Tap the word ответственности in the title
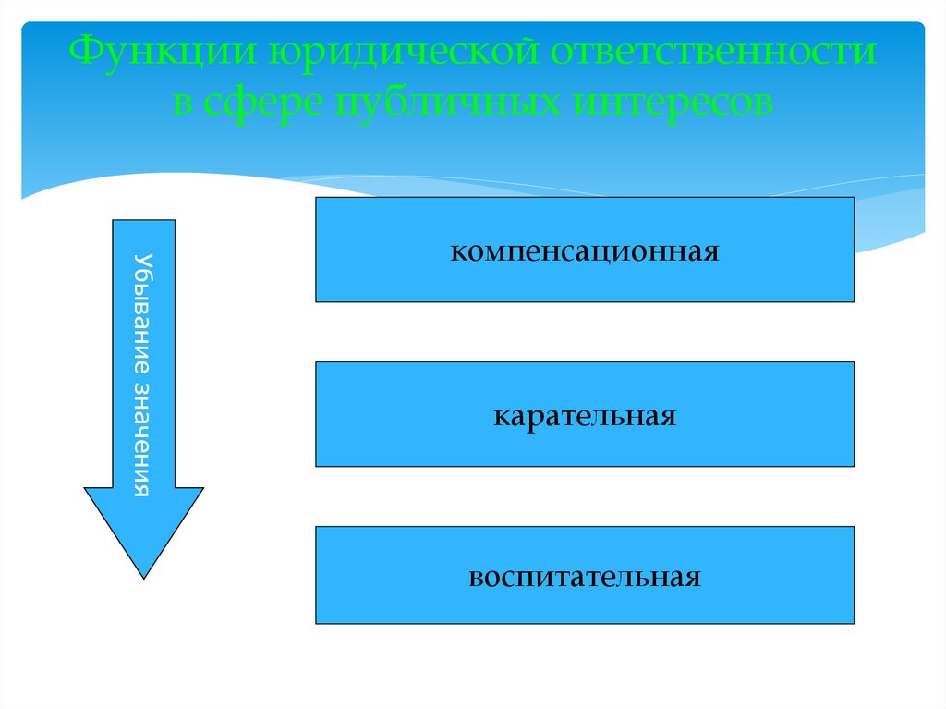pos(715,53)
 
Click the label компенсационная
pos(584,251)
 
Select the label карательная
pos(584,414)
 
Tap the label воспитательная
pos(584,578)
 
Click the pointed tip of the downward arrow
pos(143,576)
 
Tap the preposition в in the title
pos(183,102)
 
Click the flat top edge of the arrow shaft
pos(143,221)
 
